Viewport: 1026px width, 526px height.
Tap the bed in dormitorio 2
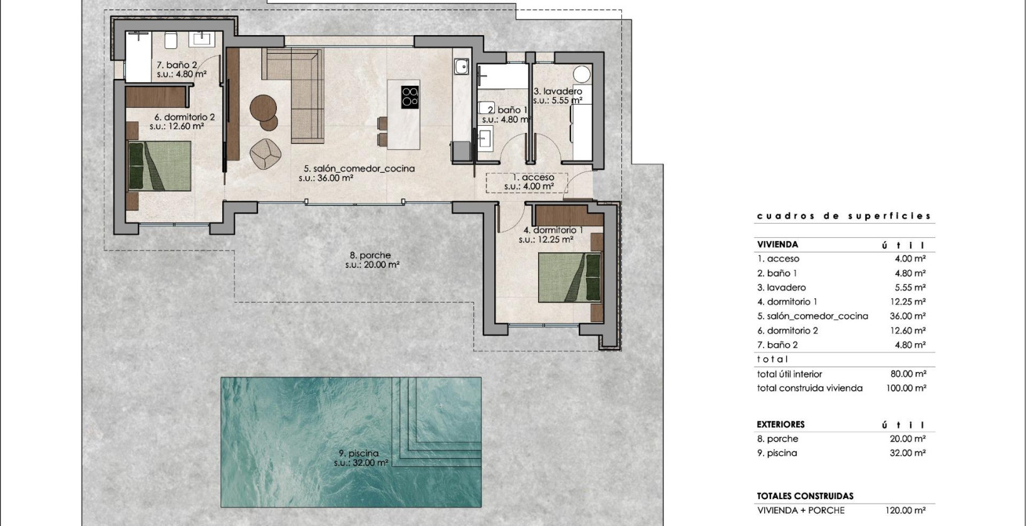(x=159, y=166)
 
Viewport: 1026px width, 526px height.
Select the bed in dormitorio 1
(x=569, y=277)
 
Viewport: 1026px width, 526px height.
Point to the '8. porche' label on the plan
(x=370, y=255)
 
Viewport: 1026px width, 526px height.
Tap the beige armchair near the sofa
(x=265, y=153)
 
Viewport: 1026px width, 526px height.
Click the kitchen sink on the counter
(x=462, y=64)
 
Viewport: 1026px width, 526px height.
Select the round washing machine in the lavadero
(x=583, y=75)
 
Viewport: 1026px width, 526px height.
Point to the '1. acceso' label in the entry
(x=529, y=177)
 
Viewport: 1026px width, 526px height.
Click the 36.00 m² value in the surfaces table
(x=908, y=316)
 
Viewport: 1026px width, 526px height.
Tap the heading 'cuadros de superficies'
(x=844, y=216)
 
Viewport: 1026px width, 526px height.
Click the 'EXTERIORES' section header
(x=780, y=424)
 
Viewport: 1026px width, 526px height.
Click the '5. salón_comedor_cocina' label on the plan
(x=359, y=168)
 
